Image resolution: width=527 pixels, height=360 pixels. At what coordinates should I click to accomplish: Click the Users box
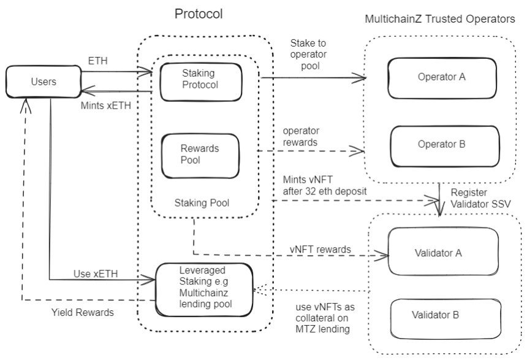(44, 82)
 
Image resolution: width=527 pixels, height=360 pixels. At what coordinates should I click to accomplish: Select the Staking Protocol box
(200, 82)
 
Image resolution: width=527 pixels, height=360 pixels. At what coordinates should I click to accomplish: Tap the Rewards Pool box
(200, 156)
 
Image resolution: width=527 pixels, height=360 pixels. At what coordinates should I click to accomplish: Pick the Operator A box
(442, 78)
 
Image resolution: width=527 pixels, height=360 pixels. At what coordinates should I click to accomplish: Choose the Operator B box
(445, 147)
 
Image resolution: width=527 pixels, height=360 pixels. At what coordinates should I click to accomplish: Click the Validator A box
(443, 251)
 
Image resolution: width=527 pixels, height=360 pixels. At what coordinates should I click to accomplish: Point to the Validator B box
(445, 319)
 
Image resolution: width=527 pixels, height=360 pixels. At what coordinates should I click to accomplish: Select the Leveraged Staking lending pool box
(204, 289)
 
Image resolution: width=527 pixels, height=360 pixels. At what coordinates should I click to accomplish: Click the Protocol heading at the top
(199, 13)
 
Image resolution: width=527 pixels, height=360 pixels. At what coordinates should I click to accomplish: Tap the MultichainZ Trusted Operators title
(439, 19)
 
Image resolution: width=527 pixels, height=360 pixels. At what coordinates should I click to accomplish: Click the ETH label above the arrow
(98, 61)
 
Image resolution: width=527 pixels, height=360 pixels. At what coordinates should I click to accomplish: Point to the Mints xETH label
(105, 105)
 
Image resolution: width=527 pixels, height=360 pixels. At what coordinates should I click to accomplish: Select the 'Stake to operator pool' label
(308, 55)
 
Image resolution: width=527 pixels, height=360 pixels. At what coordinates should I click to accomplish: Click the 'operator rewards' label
(301, 136)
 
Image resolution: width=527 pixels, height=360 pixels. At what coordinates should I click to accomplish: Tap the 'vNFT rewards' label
(320, 250)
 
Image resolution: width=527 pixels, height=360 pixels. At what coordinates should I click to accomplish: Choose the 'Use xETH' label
(96, 274)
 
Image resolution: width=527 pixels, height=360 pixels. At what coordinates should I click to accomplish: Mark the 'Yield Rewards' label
(83, 313)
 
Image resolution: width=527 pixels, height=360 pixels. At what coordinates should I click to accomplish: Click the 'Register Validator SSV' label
(480, 198)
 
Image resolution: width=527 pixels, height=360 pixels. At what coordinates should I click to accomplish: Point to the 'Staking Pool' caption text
(202, 203)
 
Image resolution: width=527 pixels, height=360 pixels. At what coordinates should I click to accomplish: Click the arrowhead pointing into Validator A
(383, 256)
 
